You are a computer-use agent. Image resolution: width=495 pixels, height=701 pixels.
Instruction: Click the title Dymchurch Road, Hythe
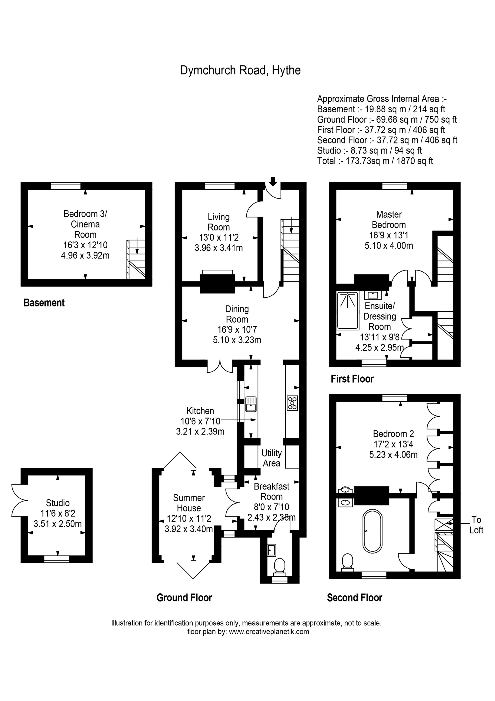point(240,70)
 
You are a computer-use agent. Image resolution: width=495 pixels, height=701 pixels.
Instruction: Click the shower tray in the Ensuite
point(348,311)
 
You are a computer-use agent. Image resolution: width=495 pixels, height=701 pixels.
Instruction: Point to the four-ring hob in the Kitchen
point(292,403)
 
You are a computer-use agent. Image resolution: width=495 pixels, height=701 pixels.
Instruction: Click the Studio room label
point(58,503)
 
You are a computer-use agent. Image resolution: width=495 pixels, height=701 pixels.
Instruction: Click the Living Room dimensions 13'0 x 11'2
point(219,237)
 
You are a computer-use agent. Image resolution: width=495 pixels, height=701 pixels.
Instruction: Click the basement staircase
point(136,259)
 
